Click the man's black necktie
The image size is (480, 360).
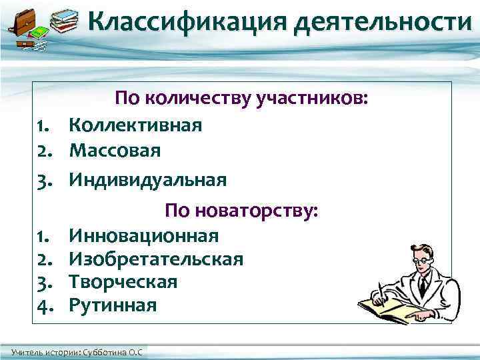[x=422, y=288]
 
